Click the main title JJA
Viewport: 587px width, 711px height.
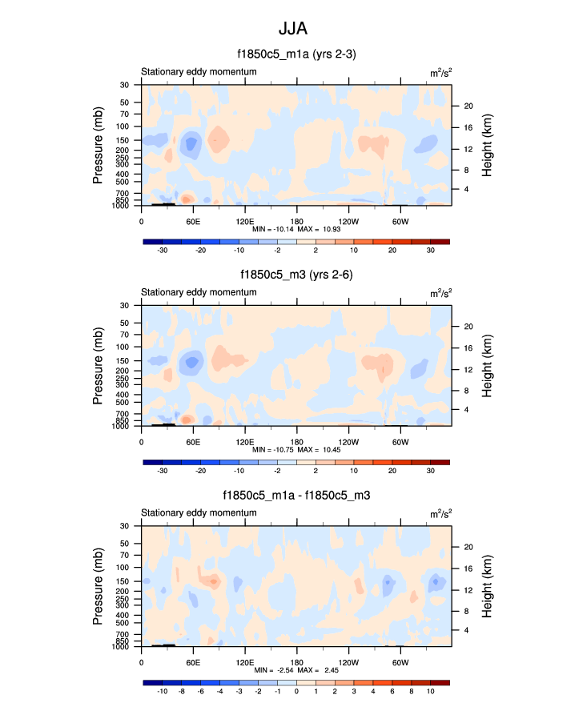(293, 29)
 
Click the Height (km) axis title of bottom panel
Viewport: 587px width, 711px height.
(487, 587)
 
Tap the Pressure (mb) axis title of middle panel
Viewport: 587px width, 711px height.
(98, 366)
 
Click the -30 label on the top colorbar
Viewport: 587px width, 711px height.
(162, 251)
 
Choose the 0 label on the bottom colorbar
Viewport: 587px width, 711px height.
(296, 691)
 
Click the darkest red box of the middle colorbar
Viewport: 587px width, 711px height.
(440, 462)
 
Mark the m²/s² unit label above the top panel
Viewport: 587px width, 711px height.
(440, 72)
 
